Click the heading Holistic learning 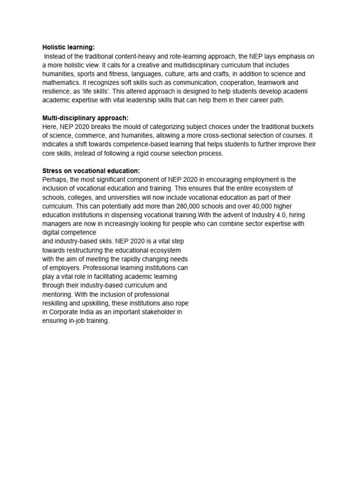[x=68, y=47]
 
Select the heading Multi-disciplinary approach [x=85, y=118]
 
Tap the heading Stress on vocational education [x=91, y=171]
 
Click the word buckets [x=301, y=127]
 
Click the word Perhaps [x=55, y=180]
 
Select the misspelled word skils [x=108, y=241]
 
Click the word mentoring [x=59, y=294]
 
